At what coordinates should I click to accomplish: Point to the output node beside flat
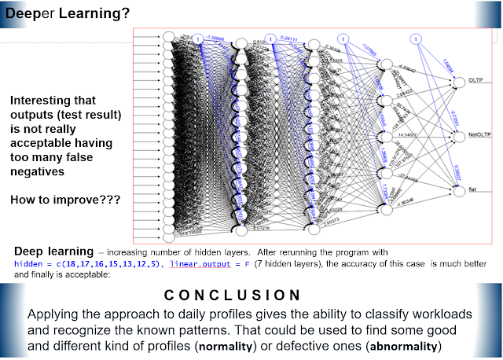(457, 189)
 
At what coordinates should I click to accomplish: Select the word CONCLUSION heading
(232, 296)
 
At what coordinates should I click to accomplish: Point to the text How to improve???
(65, 200)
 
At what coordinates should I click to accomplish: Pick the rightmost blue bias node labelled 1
(414, 39)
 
